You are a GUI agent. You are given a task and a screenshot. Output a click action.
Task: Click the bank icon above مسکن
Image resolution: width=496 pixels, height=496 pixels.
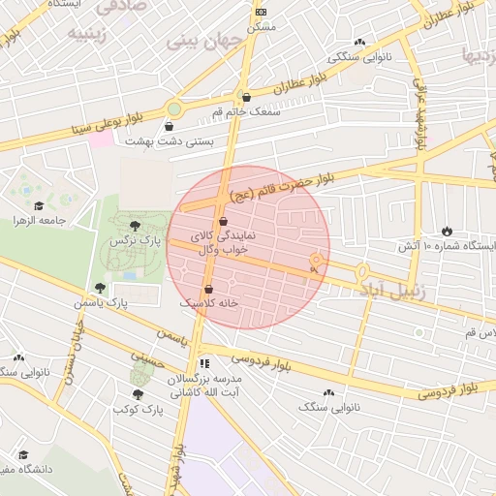pyautogui.click(x=260, y=12)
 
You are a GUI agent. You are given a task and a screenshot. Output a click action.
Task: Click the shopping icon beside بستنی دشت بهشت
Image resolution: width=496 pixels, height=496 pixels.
pyautogui.click(x=170, y=126)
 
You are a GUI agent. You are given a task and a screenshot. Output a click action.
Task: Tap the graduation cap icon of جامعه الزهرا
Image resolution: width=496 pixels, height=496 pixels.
pyautogui.click(x=39, y=205)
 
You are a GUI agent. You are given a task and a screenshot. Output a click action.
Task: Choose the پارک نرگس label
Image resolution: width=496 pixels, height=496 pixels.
pyautogui.click(x=134, y=239)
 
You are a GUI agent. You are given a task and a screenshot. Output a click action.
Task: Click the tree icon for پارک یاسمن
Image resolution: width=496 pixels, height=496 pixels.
pyautogui.click(x=100, y=288)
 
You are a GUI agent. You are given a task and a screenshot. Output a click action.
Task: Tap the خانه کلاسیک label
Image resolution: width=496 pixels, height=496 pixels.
pyautogui.click(x=209, y=303)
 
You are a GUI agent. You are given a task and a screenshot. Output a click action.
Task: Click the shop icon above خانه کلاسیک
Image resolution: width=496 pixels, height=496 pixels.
pyautogui.click(x=209, y=288)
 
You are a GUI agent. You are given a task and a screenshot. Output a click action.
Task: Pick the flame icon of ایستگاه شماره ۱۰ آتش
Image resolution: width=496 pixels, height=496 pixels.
pyautogui.click(x=447, y=231)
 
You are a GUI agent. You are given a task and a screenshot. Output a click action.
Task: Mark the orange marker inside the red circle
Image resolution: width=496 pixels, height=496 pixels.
pyautogui.click(x=315, y=261)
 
